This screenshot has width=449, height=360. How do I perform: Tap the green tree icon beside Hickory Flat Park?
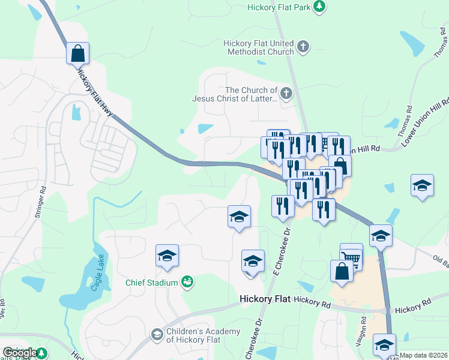tap(320, 6)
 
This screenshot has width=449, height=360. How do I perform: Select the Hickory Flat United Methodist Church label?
tap(259, 47)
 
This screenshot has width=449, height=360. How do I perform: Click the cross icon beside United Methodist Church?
tap(304, 46)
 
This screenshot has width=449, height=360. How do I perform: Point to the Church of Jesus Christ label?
tap(235, 94)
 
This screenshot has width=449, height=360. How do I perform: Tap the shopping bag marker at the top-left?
tap(78, 53)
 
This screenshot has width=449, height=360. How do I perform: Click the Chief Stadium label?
tap(151, 283)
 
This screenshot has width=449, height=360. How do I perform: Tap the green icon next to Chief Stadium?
tap(187, 281)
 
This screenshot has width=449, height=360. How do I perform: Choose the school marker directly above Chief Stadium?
tap(167, 256)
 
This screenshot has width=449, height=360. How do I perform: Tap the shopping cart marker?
tap(351, 257)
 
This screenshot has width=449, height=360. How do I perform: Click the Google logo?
tap(20, 353)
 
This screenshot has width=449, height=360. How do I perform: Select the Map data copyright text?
tap(424, 355)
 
